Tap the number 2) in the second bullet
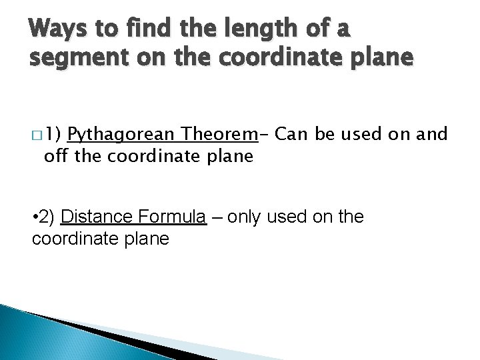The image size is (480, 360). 49,217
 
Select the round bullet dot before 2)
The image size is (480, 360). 35,217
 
